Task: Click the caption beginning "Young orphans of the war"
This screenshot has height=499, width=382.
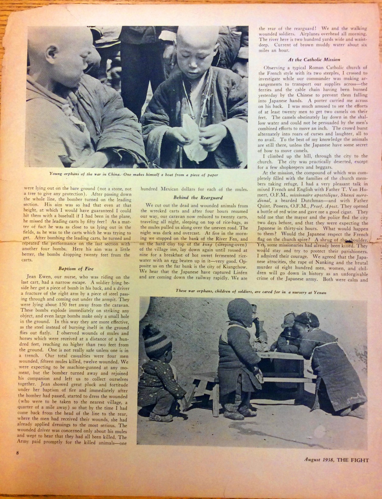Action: (134, 174)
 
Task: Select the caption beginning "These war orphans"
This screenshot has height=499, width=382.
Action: (251, 292)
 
